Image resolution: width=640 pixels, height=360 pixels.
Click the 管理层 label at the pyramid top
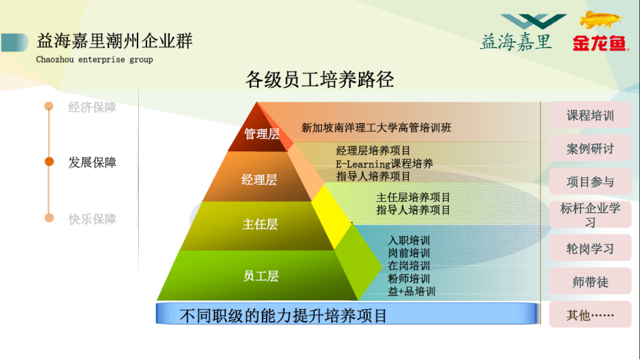tap(262, 134)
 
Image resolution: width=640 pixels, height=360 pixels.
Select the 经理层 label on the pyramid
tap(259, 179)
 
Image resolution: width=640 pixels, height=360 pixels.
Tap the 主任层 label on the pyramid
tap(260, 224)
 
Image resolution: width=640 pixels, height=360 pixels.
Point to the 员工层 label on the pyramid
tap(261, 276)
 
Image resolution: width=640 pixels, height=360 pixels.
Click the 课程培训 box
tap(591, 115)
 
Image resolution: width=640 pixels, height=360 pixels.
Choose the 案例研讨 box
tap(591, 149)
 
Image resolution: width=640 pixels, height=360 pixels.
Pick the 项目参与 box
tap(591, 182)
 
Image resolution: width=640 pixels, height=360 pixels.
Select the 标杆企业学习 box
tap(591, 215)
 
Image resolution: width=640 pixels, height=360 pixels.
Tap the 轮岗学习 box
tap(591, 248)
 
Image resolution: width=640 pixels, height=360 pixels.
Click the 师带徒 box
tap(591, 282)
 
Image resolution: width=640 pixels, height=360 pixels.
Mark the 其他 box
tap(591, 315)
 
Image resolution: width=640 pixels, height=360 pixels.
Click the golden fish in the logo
tap(600, 19)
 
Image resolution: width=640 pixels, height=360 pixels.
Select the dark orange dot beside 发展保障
tap(49, 162)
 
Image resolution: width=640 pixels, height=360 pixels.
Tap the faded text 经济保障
tap(92, 107)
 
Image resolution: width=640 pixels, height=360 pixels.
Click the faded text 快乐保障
tap(92, 219)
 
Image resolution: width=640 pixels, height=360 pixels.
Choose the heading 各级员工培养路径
tap(320, 80)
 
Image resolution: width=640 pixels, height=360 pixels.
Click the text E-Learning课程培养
tap(384, 164)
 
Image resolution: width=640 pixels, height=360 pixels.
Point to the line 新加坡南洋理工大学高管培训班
tap(376, 128)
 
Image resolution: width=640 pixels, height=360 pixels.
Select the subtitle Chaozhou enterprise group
tap(94, 60)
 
